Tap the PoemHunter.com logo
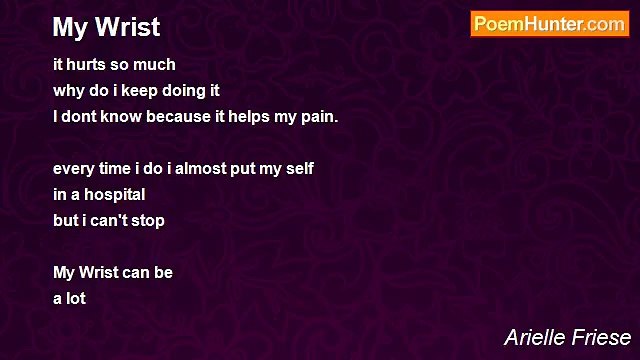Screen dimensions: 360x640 (549, 25)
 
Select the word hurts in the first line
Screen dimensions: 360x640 (87, 64)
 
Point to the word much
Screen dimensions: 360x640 (156, 64)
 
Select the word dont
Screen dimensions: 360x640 (80, 116)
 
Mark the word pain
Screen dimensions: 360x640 (319, 117)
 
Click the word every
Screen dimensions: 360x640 (73, 168)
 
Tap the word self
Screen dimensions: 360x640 (298, 168)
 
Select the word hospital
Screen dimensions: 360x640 (114, 194)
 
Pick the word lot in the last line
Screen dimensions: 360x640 (76, 298)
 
